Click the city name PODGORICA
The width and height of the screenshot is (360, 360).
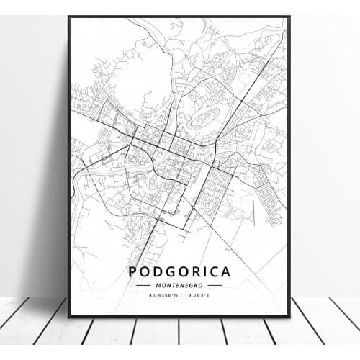click(180, 271)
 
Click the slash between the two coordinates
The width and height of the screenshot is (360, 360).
click(181, 295)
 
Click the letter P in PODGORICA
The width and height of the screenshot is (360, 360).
click(133, 271)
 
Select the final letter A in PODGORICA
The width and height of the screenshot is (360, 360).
click(226, 271)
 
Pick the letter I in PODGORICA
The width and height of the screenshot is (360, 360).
click(204, 271)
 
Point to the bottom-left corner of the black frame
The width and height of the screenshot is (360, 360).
click(70, 317)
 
